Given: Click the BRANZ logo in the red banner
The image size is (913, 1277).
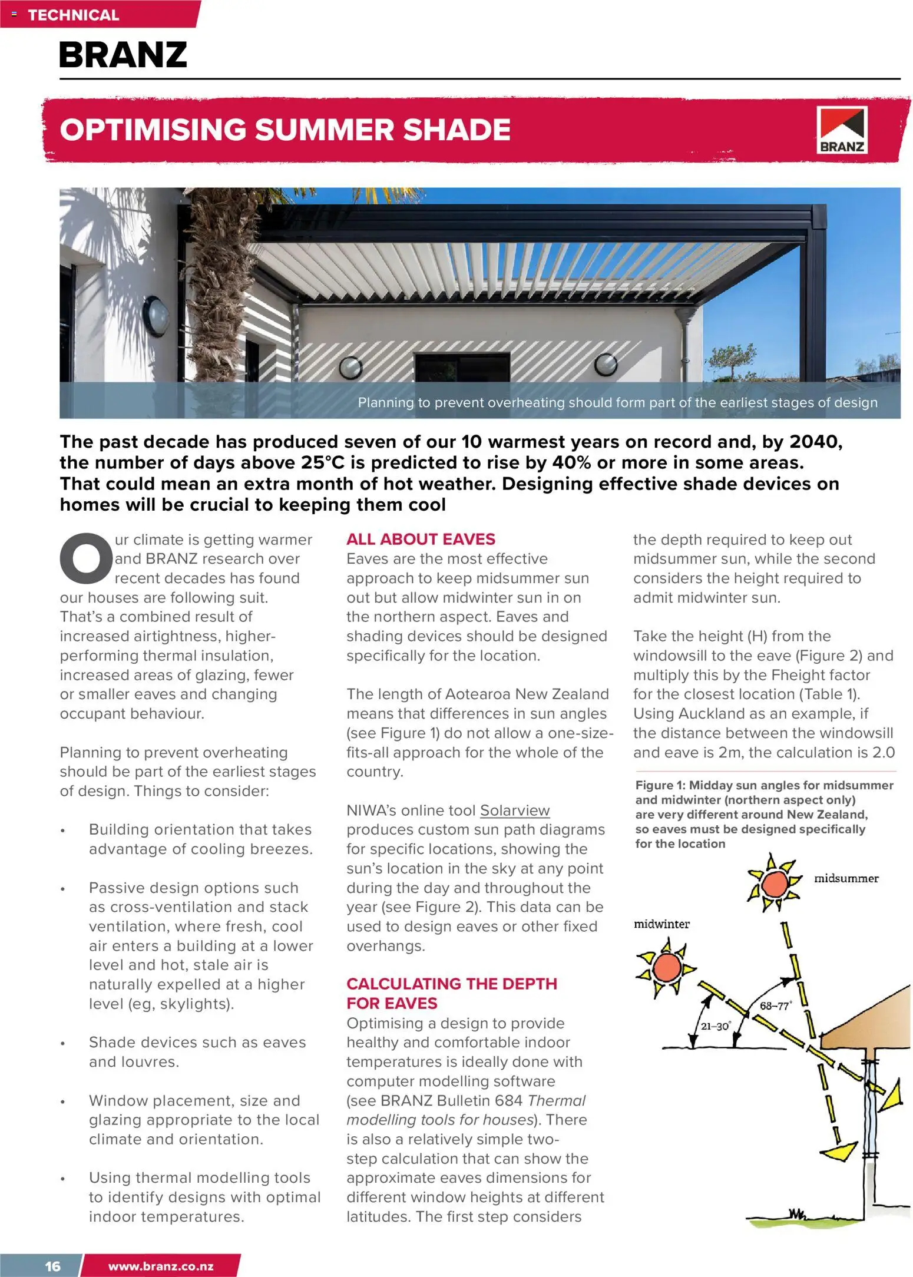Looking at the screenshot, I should click(x=842, y=130).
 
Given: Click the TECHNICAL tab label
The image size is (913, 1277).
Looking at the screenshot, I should click(x=73, y=15).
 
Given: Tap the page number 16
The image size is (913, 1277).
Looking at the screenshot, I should click(x=52, y=1266).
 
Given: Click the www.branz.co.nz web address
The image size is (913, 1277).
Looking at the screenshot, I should click(x=161, y=1266).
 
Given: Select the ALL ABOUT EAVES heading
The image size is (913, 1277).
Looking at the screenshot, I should click(x=421, y=539).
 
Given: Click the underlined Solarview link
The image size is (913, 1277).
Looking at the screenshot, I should click(x=514, y=810).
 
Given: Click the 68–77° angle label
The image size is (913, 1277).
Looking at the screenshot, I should click(x=775, y=1006).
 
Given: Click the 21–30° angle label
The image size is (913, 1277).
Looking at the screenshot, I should click(x=716, y=1026).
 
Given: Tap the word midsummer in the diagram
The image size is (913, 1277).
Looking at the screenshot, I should click(x=846, y=878).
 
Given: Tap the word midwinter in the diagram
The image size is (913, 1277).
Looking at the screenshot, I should click(x=661, y=924).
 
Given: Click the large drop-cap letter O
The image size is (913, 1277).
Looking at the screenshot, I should click(x=86, y=558).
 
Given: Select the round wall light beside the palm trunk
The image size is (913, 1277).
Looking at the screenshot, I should click(x=156, y=316).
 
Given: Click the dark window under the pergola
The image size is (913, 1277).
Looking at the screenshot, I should click(x=462, y=368).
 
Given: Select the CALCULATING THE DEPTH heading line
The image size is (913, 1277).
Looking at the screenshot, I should click(x=451, y=984).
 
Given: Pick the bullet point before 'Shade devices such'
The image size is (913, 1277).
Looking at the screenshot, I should click(x=63, y=1044).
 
